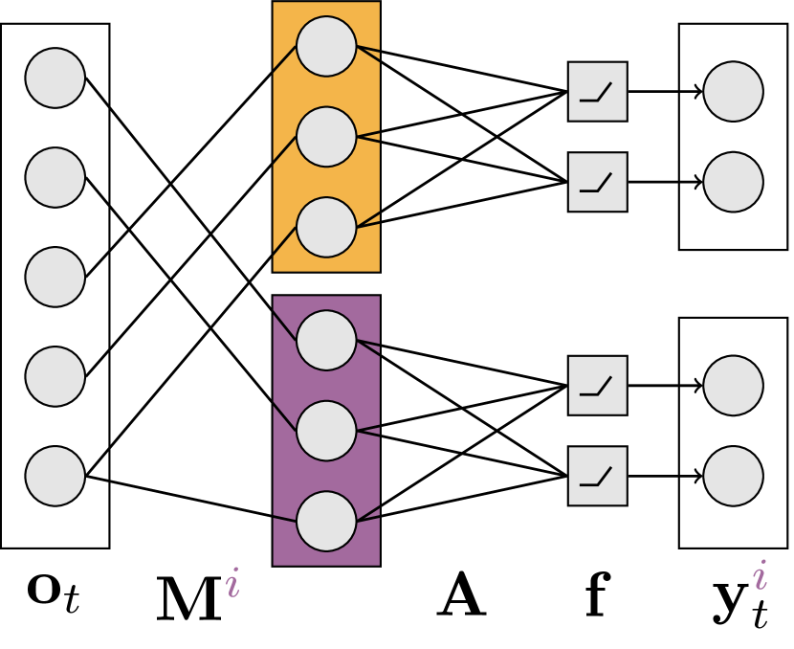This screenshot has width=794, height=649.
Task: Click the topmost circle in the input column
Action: coord(55,78)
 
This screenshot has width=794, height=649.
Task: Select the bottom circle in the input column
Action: coord(55,476)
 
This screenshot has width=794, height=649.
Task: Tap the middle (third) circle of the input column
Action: coord(55,277)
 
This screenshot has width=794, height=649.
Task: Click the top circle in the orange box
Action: coord(326,46)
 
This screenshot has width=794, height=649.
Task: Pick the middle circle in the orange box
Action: coord(326,136)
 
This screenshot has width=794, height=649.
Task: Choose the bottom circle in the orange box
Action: coord(326,227)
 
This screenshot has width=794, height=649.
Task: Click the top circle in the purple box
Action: coord(326,341)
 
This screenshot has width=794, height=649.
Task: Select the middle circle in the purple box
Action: coord(326,431)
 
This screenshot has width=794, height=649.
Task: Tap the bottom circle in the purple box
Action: coord(326,522)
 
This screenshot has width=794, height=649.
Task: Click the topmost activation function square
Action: coord(598,92)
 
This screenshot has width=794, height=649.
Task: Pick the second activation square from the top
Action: coord(598,182)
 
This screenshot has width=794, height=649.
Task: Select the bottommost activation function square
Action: coord(598,476)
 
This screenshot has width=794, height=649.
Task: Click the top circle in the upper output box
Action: coord(733,92)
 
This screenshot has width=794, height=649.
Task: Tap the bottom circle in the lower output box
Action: coord(733,476)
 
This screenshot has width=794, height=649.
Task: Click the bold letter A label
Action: coord(462,598)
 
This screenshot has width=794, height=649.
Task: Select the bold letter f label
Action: coord(597,597)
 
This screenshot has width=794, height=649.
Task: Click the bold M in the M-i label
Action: coord(187,601)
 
